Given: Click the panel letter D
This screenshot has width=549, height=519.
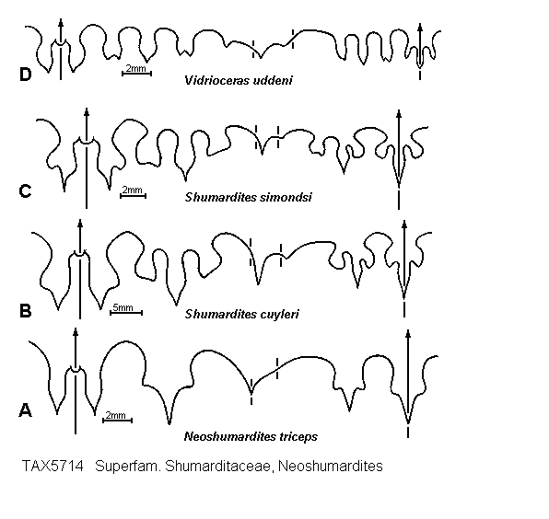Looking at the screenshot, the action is pos(26,75).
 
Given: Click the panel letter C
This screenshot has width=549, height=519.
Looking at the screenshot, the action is pos(25,191).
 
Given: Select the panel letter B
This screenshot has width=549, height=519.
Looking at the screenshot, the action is pos(26,311).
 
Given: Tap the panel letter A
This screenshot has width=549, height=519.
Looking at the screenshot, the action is pos(25,409).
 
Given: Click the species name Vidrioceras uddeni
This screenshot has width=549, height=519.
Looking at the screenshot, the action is pos(238,80).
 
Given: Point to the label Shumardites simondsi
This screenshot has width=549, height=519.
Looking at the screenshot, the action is pos(248,197).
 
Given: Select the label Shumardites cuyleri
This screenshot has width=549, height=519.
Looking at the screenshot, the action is pos(241,314).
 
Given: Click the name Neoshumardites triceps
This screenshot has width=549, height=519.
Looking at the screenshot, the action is pos(251,436).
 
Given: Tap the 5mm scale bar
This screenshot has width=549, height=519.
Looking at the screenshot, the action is pos(126,312).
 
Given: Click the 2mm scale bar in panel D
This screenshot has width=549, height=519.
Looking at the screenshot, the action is pos(136,73).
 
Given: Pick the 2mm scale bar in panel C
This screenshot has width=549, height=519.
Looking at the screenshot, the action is pos(133,195).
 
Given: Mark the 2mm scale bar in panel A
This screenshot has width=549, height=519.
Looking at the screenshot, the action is pos(117,420).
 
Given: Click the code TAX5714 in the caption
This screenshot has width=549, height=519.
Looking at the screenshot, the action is pos(53,467).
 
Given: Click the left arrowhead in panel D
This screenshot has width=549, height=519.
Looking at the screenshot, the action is pos(61,23).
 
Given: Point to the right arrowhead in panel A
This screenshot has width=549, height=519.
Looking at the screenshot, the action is pos(407,333).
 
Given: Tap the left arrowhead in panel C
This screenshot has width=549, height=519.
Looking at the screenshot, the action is pos(87,112).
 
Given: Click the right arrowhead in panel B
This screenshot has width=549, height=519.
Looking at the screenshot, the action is pos(404,225).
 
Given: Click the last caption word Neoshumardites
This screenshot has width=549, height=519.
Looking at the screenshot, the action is pos(331,467).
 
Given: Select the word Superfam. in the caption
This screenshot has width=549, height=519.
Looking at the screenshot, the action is pos(128,467).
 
